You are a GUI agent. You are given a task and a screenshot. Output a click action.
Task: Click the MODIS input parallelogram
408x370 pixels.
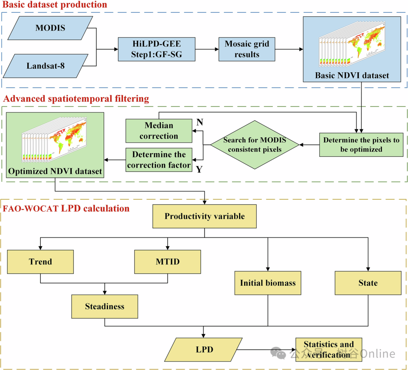click(x=50, y=28)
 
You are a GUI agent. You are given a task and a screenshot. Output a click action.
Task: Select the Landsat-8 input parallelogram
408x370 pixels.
click(x=46, y=66)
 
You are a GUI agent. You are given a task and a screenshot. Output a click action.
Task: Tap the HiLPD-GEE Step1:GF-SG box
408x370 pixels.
click(x=157, y=49)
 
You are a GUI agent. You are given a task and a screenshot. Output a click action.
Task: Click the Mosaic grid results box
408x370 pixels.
click(x=247, y=49)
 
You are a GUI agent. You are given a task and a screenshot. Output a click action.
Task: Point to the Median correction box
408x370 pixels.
click(x=159, y=131)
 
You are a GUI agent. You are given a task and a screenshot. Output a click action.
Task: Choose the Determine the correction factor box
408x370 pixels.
click(x=159, y=160)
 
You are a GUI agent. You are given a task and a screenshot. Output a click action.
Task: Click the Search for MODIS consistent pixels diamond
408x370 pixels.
click(x=255, y=145)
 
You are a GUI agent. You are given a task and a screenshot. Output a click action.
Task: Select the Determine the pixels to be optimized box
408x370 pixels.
click(x=362, y=145)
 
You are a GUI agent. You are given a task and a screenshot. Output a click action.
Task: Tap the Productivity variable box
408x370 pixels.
click(x=204, y=217)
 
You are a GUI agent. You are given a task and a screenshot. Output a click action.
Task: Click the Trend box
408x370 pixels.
click(x=40, y=262)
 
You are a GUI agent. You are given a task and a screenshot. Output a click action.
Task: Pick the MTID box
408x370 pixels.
click(x=168, y=262)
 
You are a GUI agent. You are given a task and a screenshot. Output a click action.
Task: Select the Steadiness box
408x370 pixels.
click(x=105, y=307)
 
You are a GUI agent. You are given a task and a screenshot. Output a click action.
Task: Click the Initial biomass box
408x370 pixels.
click(x=268, y=283)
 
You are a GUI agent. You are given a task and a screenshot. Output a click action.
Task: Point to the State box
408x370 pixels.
click(x=368, y=283)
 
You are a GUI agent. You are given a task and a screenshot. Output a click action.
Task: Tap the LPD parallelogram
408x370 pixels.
click(x=204, y=350)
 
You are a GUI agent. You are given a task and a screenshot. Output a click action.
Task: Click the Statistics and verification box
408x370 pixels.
click(x=329, y=350)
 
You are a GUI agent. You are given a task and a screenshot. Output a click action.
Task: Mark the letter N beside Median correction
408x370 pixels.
click(x=199, y=122)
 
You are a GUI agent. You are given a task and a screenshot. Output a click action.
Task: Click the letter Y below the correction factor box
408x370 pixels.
click(x=199, y=170)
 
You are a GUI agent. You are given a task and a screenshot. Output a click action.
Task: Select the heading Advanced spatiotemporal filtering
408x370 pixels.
click(x=76, y=99)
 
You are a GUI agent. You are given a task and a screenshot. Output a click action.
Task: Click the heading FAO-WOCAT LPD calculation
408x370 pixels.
click(x=66, y=209)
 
